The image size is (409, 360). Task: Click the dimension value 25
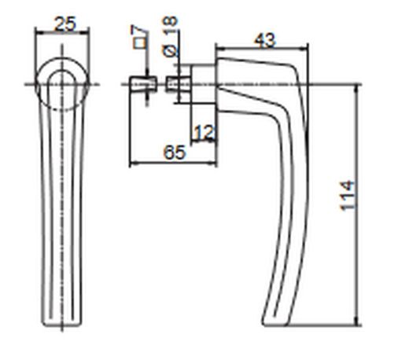[65, 24]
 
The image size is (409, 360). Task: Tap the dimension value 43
[265, 40]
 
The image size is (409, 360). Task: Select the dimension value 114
[347, 196]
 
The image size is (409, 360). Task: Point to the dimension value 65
[175, 152]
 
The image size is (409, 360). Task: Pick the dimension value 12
[204, 132]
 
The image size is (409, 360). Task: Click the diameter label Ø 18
[170, 36]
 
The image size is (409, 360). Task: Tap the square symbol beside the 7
[139, 43]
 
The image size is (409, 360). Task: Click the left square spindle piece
[143, 83]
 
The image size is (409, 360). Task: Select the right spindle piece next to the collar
[179, 83]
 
